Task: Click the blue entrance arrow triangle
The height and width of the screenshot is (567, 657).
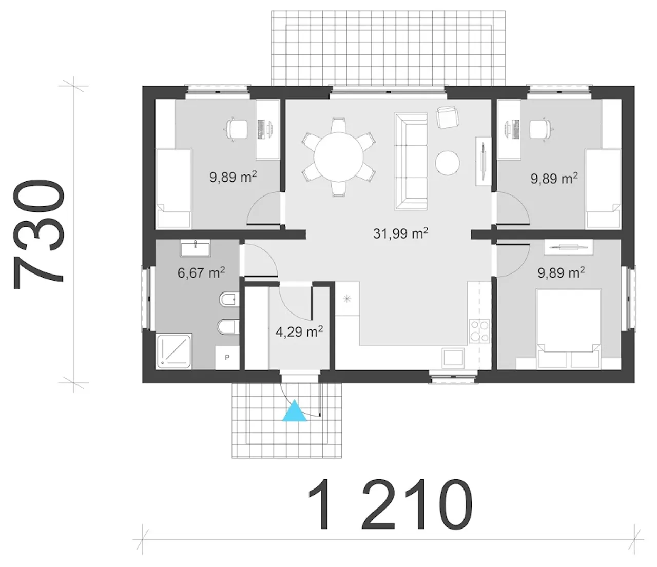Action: pyautogui.click(x=295, y=412)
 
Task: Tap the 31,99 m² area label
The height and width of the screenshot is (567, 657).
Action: pyautogui.click(x=400, y=233)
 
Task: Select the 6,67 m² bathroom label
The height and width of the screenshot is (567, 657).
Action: pyautogui.click(x=201, y=272)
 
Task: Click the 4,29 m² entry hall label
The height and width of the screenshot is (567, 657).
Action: pyautogui.click(x=299, y=332)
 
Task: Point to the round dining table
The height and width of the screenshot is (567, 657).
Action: pyautogui.click(x=338, y=157)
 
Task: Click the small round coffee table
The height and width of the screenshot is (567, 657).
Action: pyautogui.click(x=448, y=163)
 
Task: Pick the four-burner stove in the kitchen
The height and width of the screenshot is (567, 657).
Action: pyautogui.click(x=480, y=331)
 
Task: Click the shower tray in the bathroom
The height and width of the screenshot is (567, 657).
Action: pyautogui.click(x=174, y=351)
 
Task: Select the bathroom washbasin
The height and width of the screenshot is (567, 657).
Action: pyautogui.click(x=195, y=248)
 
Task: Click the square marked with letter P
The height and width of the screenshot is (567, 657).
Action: pyautogui.click(x=227, y=358)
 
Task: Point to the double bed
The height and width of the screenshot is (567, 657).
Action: pyautogui.click(x=568, y=328)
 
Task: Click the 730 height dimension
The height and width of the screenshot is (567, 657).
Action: pyautogui.click(x=39, y=234)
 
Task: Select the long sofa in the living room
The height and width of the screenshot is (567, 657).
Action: pyautogui.click(x=411, y=161)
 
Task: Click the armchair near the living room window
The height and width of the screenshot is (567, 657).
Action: pyautogui.click(x=448, y=118)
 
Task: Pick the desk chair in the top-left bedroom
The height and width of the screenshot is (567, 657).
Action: pyautogui.click(x=237, y=129)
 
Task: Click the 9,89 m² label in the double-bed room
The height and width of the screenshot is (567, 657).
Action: pyautogui.click(x=562, y=272)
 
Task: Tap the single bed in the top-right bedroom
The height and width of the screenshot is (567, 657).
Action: pyautogui.click(x=603, y=189)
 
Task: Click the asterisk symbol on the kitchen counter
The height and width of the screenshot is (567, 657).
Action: pyautogui.click(x=347, y=299)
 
